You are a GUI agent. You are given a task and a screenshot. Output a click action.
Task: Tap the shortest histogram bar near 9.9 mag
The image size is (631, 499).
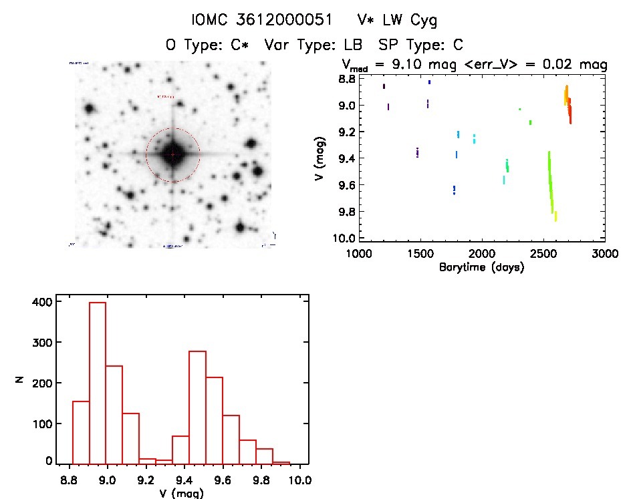[281, 462]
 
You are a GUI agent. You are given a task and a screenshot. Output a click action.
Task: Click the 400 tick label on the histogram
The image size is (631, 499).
[41, 302]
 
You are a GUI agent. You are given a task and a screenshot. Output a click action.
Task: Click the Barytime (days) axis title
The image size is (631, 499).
[481, 267]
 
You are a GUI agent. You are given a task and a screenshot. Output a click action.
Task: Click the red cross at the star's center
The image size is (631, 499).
[172, 154]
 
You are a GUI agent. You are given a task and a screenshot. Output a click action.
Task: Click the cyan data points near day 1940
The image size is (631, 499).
[474, 139]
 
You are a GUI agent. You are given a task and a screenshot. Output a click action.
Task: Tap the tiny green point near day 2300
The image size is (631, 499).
[519, 109]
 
